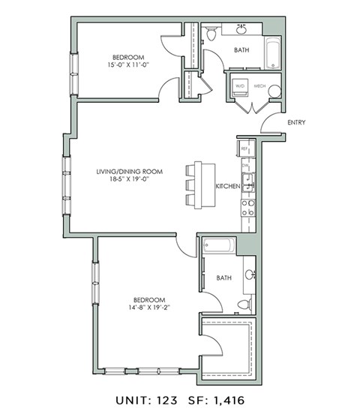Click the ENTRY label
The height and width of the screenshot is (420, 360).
[x=295, y=123]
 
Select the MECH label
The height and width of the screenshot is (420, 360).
[x=260, y=86]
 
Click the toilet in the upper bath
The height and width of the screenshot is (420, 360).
[x=212, y=32]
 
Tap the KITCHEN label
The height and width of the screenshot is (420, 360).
[x=227, y=185]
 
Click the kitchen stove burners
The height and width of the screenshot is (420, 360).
[x=248, y=207]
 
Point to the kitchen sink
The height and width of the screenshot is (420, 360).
[x=248, y=178]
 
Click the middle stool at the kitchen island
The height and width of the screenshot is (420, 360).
[x=190, y=185]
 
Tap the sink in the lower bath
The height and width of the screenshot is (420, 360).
[x=250, y=274]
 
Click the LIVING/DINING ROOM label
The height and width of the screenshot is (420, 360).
[x=129, y=171]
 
